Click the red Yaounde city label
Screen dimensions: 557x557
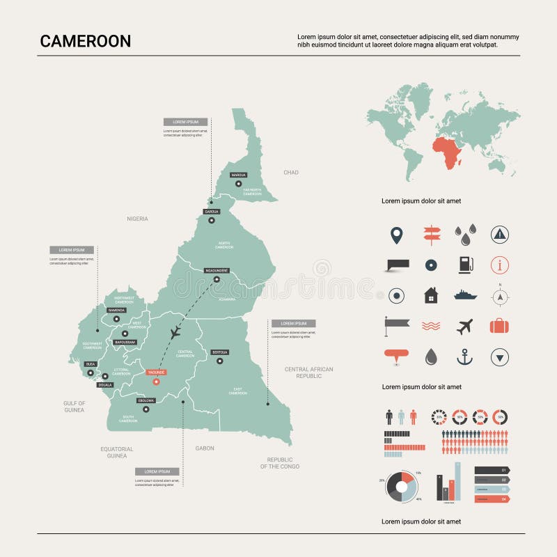point(156,372)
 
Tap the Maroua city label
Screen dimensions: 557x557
point(239,175)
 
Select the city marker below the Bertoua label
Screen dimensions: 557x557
point(219,361)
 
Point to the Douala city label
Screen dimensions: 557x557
point(105,384)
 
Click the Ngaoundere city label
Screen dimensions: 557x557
point(217,269)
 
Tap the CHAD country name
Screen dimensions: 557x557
point(290,172)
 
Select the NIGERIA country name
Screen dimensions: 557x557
point(137,219)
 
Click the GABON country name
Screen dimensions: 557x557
point(205,448)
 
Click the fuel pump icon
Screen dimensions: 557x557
point(464,265)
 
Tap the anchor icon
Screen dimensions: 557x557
point(464,357)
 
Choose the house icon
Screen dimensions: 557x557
point(431,295)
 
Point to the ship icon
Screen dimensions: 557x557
point(464,295)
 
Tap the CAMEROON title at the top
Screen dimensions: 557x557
point(85,41)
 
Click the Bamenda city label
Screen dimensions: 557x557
point(116,310)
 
